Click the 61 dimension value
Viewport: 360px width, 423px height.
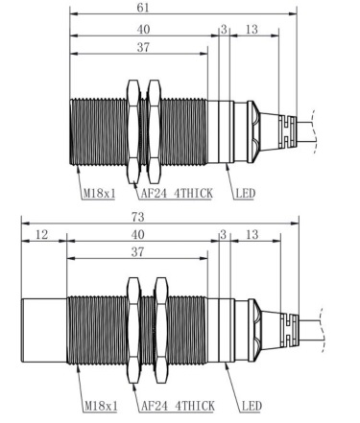(143, 8)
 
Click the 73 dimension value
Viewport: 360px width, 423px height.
(138, 217)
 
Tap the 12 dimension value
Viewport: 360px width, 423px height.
(42, 235)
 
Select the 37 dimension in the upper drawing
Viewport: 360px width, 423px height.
(143, 47)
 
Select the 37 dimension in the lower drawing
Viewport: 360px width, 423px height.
(137, 252)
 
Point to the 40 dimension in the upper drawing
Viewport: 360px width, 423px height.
(143, 30)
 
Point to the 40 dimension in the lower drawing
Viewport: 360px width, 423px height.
(138, 235)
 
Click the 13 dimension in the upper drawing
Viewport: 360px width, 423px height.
(252, 30)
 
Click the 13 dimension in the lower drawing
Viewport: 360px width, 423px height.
(252, 235)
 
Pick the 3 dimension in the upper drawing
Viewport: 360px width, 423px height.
(224, 30)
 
